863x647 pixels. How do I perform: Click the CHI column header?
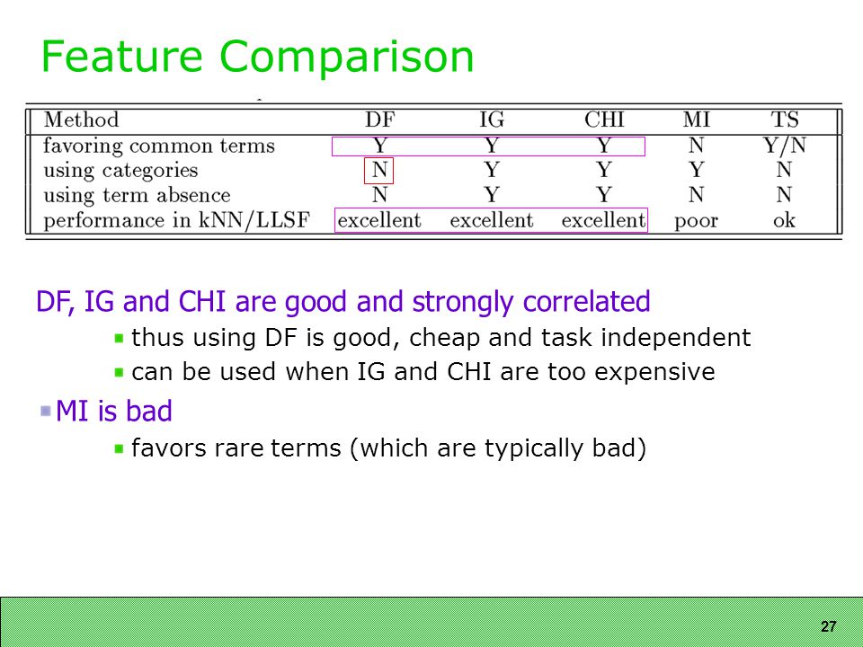pos(604,120)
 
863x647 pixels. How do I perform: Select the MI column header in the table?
pos(696,120)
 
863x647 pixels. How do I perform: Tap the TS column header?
pos(784,120)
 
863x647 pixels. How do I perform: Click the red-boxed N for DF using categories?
pos(379,170)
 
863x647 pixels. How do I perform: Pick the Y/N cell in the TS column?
pos(784,146)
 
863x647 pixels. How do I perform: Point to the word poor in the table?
pos(696,221)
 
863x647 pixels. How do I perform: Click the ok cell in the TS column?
pos(784,220)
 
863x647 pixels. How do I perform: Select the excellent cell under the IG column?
pos(492,220)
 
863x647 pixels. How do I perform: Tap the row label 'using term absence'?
pos(137,195)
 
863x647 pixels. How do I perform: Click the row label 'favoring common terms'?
pos(159,146)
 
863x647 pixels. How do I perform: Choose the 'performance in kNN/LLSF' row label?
pos(177,221)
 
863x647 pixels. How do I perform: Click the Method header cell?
pos(81,120)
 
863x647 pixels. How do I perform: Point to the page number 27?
pos(828,626)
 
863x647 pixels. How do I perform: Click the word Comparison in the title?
pos(346,56)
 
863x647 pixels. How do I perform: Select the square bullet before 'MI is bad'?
pos(46,411)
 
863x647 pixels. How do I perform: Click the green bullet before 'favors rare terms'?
pos(119,448)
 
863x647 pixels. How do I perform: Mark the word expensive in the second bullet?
pos(655,372)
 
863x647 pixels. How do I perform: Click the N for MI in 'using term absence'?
pos(696,195)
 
